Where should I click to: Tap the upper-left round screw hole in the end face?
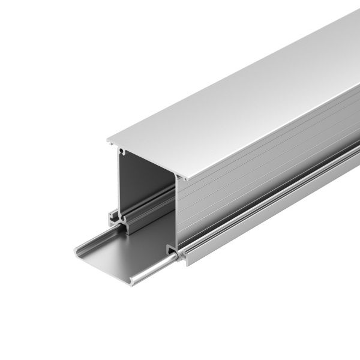121,150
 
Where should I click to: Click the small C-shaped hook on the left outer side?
112,214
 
